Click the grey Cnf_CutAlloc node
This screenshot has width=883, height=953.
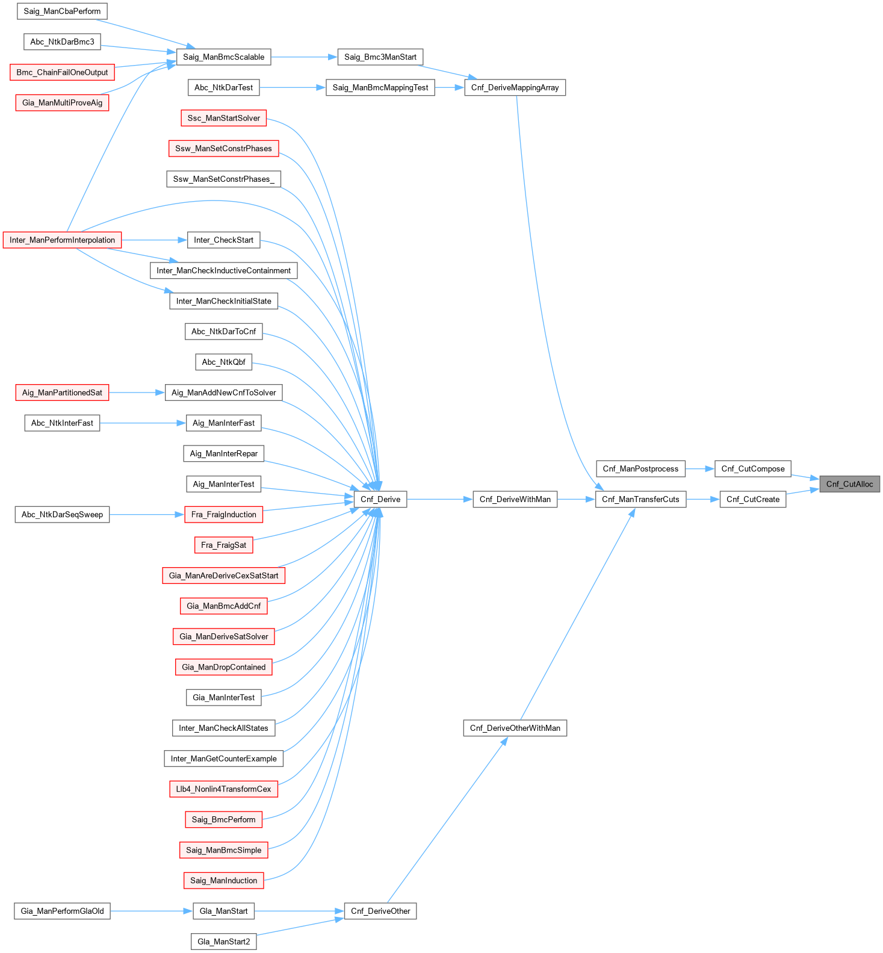(849, 484)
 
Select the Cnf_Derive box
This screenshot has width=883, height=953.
(380, 499)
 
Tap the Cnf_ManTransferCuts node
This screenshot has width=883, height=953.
(640, 499)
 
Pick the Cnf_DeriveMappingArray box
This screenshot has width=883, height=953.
(515, 87)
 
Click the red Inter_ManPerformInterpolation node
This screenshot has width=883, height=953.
(62, 240)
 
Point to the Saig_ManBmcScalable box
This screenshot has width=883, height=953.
(223, 57)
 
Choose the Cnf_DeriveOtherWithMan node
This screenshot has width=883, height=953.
(515, 728)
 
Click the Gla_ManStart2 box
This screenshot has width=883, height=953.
(223, 942)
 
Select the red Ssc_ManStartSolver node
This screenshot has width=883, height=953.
(223, 118)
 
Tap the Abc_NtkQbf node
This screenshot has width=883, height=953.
(223, 362)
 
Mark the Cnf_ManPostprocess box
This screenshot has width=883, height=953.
(640, 469)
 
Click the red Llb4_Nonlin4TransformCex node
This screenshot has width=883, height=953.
(223, 789)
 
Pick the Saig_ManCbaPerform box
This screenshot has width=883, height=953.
(62, 11)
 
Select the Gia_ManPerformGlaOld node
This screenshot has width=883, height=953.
(62, 911)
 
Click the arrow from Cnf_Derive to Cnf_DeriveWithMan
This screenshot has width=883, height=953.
(439, 499)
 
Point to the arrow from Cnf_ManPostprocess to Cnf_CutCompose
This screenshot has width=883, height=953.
(699, 469)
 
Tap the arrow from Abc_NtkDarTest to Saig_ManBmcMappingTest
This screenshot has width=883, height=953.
(293, 87)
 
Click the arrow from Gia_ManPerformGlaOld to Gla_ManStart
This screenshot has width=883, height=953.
(151, 911)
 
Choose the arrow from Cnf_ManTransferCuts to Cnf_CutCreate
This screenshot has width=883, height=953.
(702, 499)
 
